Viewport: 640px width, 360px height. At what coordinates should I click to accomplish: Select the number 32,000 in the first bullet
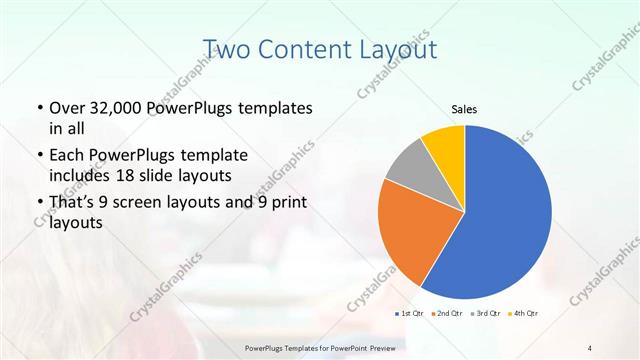(115, 108)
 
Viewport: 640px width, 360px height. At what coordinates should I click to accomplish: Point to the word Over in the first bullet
(65, 108)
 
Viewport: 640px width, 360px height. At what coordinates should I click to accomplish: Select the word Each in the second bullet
(66, 156)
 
